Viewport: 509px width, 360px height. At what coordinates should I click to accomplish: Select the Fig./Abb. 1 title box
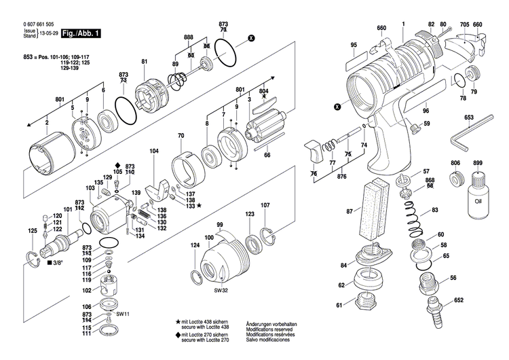pos(81,33)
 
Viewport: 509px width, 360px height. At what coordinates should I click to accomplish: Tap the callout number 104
pos(154,150)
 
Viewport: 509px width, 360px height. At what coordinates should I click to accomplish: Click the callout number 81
pos(144,62)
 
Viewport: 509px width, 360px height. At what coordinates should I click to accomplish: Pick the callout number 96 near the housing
pos(426,111)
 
